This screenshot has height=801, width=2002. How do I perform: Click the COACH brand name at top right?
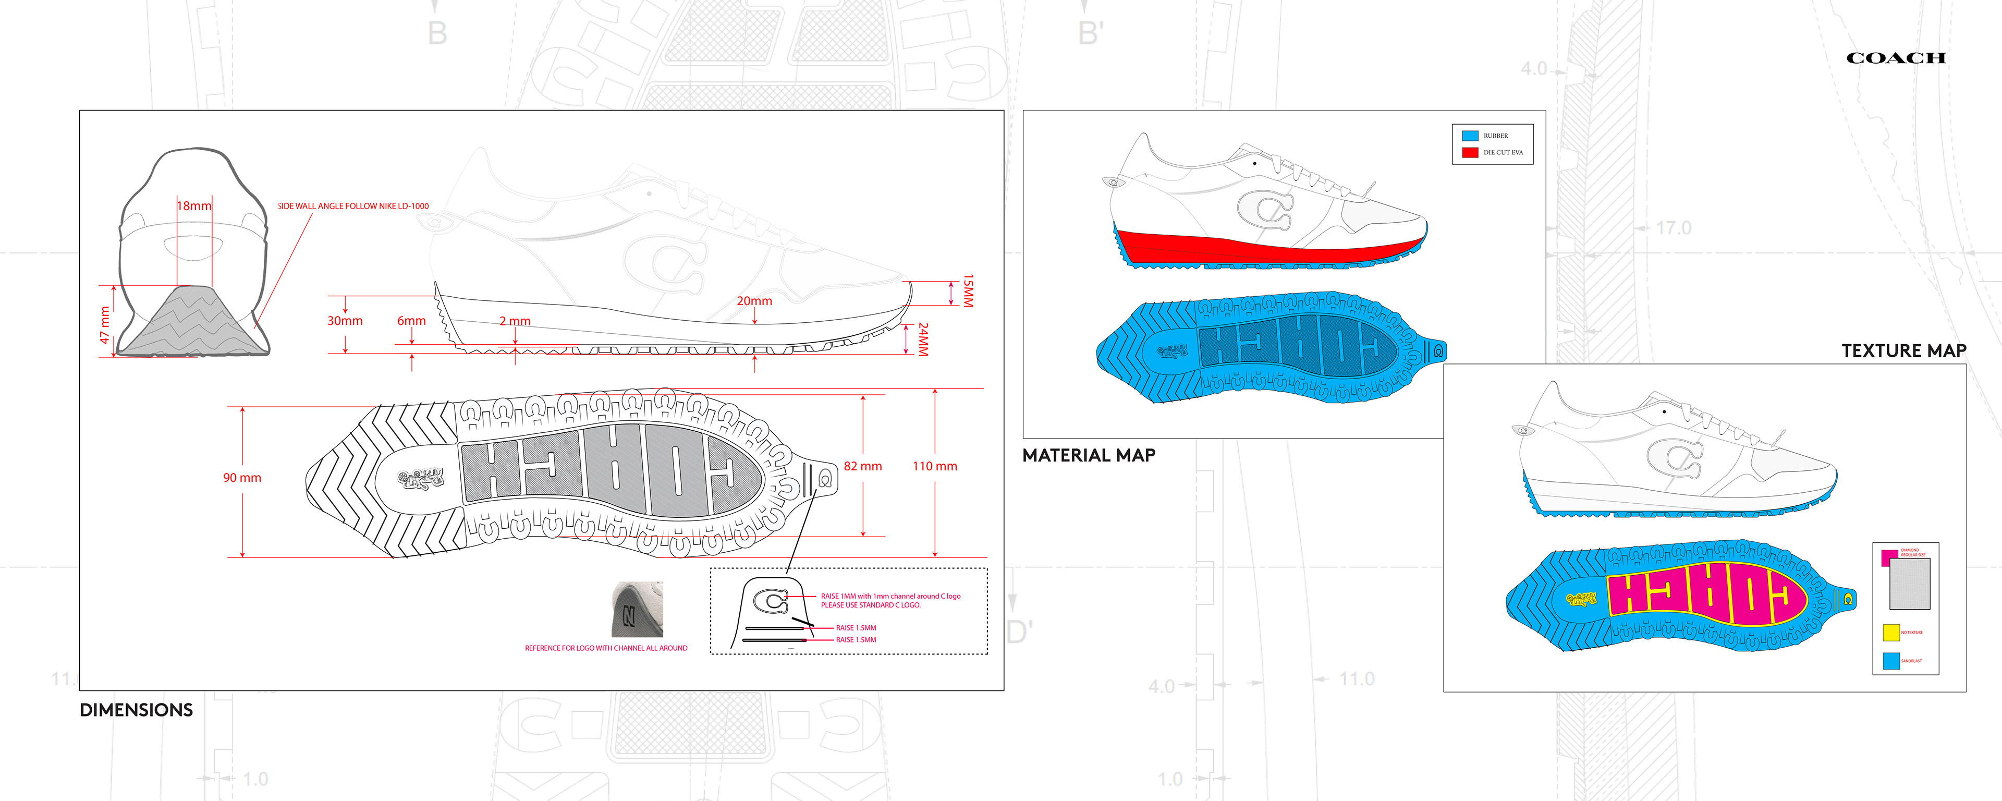1896,58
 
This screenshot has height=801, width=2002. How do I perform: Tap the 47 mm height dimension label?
105,325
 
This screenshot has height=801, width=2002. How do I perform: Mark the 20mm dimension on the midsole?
754,301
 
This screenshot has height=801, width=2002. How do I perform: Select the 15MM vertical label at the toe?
968,291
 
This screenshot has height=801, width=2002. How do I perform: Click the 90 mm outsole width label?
242,478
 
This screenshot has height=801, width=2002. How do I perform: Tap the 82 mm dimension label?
863,467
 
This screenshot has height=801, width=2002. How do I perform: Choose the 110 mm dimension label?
934,467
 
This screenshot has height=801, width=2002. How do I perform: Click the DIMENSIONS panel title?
136,710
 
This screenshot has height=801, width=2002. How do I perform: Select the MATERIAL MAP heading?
1088,456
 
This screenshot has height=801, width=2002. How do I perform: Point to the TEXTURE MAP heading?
1903,351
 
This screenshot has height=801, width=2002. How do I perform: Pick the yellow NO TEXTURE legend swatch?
1891,632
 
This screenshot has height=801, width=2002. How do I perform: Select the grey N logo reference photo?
637,610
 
